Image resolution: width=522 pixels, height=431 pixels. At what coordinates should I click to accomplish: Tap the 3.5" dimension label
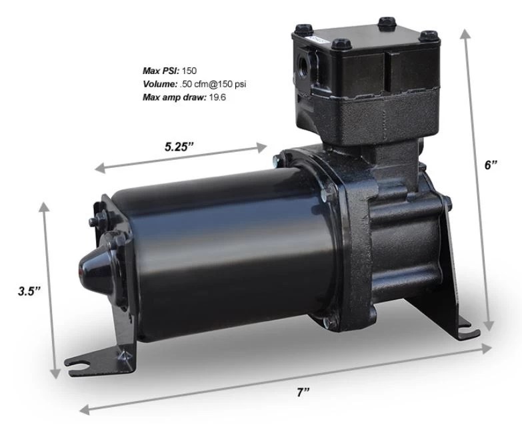pos(29,290)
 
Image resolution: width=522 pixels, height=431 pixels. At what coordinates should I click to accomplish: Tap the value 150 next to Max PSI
pos(190,70)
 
